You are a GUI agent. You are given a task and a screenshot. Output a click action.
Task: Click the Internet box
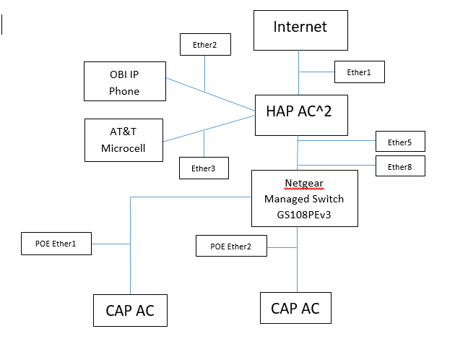click(x=300, y=30)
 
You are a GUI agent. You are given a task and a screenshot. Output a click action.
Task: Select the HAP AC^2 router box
click(x=301, y=114)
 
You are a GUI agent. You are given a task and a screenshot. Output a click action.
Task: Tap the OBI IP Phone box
click(x=124, y=81)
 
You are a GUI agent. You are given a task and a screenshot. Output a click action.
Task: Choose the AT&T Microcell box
click(x=123, y=140)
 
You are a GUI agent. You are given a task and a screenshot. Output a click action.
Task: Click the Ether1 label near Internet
click(x=358, y=72)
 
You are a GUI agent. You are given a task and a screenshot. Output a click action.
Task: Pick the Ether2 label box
click(x=204, y=45)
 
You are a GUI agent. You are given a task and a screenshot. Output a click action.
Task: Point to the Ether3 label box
click(x=204, y=168)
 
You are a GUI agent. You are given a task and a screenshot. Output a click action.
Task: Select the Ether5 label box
click(x=399, y=142)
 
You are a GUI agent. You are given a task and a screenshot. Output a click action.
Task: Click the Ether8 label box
click(x=399, y=166)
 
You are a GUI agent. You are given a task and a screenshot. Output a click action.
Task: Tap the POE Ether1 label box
click(x=56, y=244)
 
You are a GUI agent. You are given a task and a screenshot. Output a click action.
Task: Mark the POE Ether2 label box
click(x=230, y=246)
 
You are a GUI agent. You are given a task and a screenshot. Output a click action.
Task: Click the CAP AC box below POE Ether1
click(x=130, y=310)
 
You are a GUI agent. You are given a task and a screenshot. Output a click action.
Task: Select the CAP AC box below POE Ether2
click(x=295, y=308)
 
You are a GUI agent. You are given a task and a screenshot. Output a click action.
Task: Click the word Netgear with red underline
click(x=304, y=184)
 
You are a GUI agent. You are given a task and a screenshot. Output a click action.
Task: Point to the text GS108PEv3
click(x=304, y=215)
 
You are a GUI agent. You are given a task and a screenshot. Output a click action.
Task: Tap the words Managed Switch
click(x=304, y=199)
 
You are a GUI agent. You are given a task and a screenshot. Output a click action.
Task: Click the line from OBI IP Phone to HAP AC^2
click(x=209, y=94)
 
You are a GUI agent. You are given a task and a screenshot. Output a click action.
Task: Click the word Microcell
click(x=123, y=148)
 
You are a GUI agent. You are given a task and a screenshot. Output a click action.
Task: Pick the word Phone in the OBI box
click(x=124, y=91)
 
